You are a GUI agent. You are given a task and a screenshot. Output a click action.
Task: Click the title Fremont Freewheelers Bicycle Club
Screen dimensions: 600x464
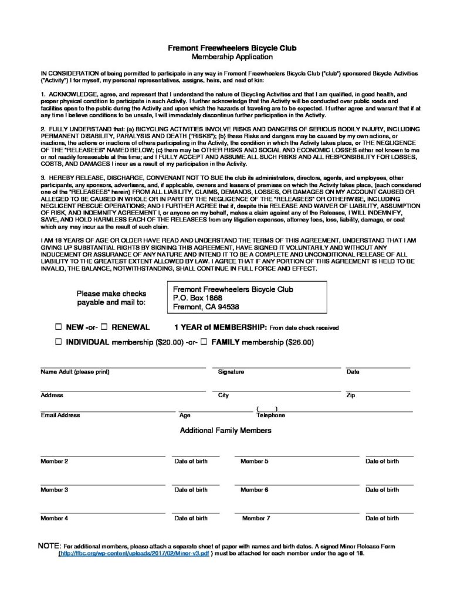pos(232,47)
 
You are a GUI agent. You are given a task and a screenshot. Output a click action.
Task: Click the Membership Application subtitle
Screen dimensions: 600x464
pos(232,57)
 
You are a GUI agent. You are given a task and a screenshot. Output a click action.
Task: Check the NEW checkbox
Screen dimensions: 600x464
pos(59,327)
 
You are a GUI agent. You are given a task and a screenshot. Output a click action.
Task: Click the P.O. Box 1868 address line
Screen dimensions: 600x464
pos(198,298)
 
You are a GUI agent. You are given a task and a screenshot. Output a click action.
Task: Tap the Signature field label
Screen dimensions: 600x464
pos(231,372)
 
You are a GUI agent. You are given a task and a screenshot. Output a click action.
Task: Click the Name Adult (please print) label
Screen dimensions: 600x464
pos(75,372)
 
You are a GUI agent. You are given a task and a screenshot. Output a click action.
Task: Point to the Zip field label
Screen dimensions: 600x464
pos(351,396)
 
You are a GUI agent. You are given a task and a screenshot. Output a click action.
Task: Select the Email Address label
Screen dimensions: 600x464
pos(60,415)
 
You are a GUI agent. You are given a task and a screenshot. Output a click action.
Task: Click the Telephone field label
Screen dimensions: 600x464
pos(270,415)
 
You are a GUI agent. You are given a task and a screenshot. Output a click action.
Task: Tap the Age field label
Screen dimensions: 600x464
pos(185,415)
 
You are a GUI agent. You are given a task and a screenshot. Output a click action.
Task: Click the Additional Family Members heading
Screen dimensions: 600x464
pos(226,431)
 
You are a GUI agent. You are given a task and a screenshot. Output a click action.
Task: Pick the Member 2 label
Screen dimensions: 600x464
pos(54,461)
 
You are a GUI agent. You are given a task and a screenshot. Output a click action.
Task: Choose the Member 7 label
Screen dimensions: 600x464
pos(256,518)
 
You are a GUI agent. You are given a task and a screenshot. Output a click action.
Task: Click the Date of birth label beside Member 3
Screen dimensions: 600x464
pos(191,490)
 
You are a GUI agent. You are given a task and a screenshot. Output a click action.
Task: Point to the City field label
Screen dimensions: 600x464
pos(223,396)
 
